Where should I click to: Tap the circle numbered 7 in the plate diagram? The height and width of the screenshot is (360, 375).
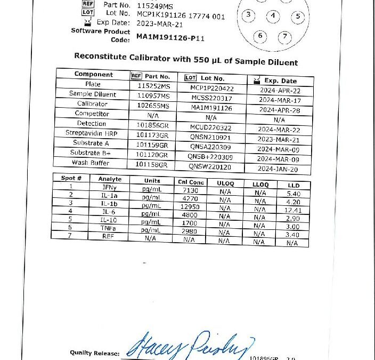[286, 36]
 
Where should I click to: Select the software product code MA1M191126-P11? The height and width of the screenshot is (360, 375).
[170, 38]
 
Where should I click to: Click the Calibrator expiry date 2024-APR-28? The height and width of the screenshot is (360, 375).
[279, 110]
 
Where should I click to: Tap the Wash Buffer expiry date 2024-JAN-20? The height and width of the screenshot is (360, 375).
[278, 169]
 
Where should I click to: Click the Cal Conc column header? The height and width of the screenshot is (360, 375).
[190, 182]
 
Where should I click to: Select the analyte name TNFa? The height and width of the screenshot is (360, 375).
[109, 228]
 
